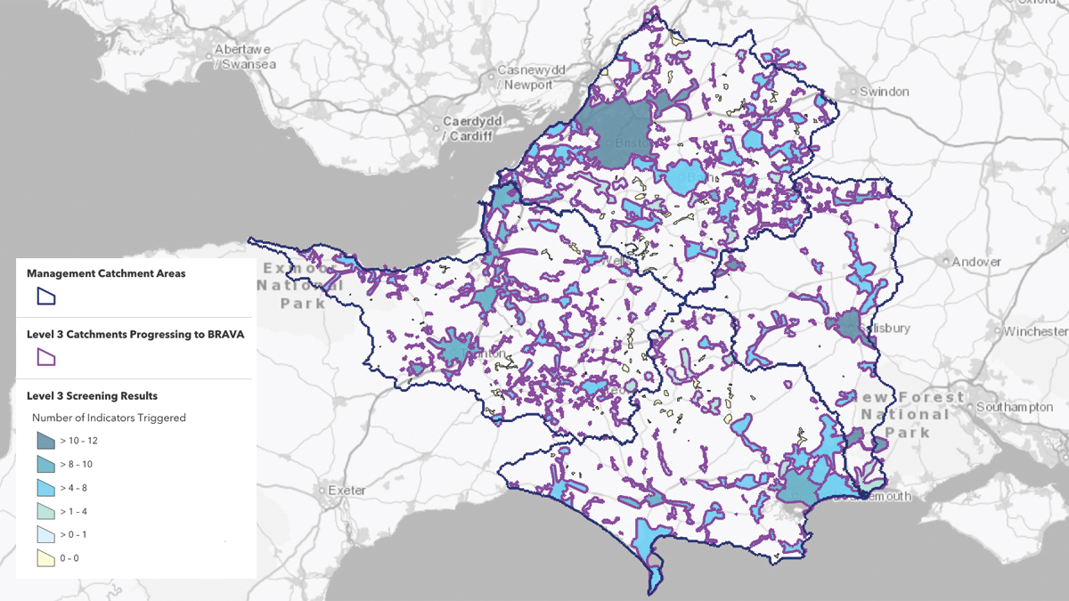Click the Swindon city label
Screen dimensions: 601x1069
pyautogui.click(x=885, y=92)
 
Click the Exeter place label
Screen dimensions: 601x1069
pyautogui.click(x=347, y=491)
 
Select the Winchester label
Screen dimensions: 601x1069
pyautogui.click(x=1036, y=331)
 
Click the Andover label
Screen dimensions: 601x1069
pyautogui.click(x=976, y=262)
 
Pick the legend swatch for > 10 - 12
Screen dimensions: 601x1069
pyautogui.click(x=45, y=441)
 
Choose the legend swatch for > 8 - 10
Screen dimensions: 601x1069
pyautogui.click(x=45, y=464)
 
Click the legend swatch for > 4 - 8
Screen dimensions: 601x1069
pyautogui.click(x=45, y=488)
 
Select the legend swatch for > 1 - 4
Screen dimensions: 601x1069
pyautogui.click(x=45, y=511)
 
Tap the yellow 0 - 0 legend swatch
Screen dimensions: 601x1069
pyautogui.click(x=45, y=558)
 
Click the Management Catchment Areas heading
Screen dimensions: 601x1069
pyautogui.click(x=106, y=273)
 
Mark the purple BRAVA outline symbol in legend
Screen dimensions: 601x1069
pyautogui.click(x=45, y=358)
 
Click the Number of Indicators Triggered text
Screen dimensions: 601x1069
pyautogui.click(x=109, y=418)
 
